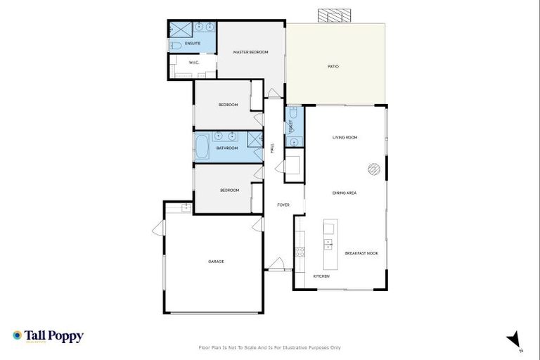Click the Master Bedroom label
pyautogui.click(x=251, y=52)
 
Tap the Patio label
pyautogui.click(x=333, y=66)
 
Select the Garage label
pyautogui.click(x=216, y=262)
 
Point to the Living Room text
pyautogui.click(x=345, y=137)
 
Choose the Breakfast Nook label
pyautogui.click(x=361, y=253)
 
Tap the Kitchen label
pyautogui.click(x=321, y=276)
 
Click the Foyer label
pyautogui.click(x=283, y=205)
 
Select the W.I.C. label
pyautogui.click(x=194, y=63)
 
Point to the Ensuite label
pyautogui.click(x=193, y=44)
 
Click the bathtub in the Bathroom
pyautogui.click(x=201, y=148)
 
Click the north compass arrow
pyautogui.click(x=514, y=339)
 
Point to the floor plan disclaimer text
pyautogui.click(x=270, y=347)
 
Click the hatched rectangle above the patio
pyautogui.click(x=335, y=15)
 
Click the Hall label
pyautogui.click(x=272, y=148)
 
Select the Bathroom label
pyautogui.click(x=227, y=148)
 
